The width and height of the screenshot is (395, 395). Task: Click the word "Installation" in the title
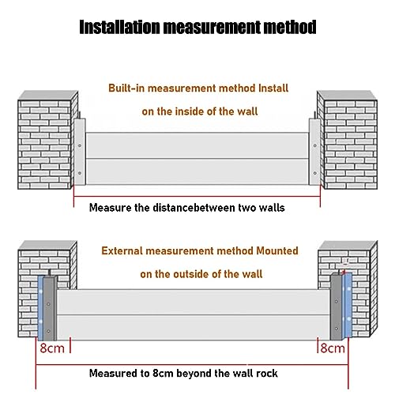(x=120, y=27)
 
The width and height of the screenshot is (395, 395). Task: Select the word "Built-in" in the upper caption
(x=126, y=88)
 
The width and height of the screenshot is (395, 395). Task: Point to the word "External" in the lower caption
(x=122, y=250)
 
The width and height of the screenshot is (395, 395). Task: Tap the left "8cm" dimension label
(x=52, y=348)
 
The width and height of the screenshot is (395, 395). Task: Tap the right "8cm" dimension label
(x=333, y=348)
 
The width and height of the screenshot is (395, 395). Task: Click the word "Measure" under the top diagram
(x=111, y=208)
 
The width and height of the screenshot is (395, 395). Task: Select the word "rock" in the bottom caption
(x=267, y=374)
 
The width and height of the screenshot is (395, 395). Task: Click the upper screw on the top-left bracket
(x=80, y=145)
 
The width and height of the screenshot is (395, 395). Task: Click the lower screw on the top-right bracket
(x=314, y=173)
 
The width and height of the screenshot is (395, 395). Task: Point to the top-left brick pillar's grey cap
(x=48, y=96)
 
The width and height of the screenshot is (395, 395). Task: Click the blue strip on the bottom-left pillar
(x=40, y=307)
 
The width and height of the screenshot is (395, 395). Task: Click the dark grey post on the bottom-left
(x=49, y=309)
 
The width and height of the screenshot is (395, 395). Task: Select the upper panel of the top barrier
(x=197, y=145)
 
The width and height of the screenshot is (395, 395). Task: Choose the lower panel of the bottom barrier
(x=194, y=327)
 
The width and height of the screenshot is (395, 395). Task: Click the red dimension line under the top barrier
(x=197, y=196)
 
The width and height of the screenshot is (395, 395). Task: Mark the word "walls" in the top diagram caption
(x=273, y=208)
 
